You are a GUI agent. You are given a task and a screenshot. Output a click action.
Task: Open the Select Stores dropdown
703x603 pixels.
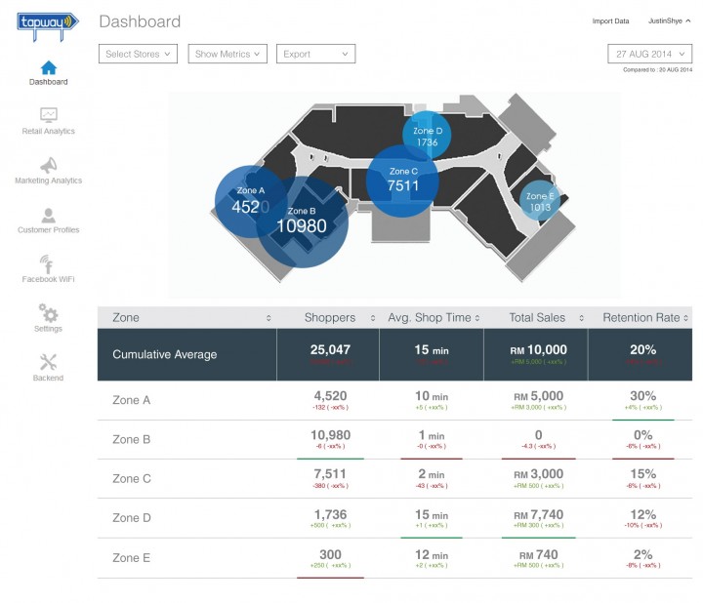(x=138, y=55)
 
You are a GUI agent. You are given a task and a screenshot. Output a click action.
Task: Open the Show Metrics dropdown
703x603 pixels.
(x=228, y=55)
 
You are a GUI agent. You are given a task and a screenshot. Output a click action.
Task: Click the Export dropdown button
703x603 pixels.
(x=315, y=55)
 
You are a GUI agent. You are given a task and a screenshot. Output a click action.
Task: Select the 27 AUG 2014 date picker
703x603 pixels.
(x=649, y=55)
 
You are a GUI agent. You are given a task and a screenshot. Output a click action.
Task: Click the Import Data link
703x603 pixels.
(x=610, y=20)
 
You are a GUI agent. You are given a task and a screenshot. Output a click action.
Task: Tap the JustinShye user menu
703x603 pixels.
(x=669, y=20)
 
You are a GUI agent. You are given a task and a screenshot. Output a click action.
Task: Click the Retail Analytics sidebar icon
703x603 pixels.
(x=49, y=115)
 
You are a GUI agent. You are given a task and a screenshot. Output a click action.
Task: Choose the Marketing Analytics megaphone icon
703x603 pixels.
(x=49, y=165)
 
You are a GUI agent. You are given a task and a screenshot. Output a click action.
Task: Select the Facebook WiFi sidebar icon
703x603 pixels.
(x=48, y=263)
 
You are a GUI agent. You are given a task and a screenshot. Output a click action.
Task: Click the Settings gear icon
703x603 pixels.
(x=49, y=313)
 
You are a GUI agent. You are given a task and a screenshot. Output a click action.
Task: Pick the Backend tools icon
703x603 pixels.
(x=49, y=362)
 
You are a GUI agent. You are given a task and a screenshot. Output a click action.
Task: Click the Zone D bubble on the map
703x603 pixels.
(x=427, y=137)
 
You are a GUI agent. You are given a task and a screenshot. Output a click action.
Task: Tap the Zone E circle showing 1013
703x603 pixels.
(x=539, y=202)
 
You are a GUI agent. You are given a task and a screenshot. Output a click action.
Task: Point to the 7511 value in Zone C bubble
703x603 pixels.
(x=403, y=185)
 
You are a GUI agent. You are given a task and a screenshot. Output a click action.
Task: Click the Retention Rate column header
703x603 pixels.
(x=641, y=317)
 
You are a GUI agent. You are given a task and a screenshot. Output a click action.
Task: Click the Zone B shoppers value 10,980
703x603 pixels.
(x=330, y=435)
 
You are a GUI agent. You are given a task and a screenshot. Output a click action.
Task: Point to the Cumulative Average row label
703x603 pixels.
(x=164, y=354)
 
